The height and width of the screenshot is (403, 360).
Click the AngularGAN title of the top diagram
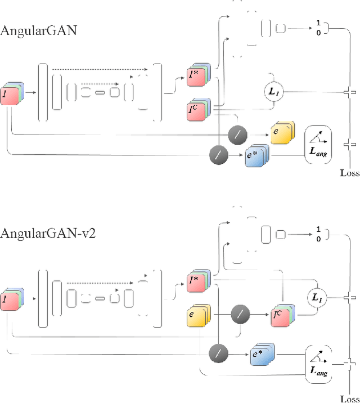[39, 31]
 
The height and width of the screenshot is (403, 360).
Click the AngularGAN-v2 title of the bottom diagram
[48, 233]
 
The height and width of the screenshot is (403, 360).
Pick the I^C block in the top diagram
[197, 111]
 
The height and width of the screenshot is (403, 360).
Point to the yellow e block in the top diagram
[280, 132]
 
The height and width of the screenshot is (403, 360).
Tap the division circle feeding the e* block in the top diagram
[217, 154]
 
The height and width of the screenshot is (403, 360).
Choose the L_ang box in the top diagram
[318, 145]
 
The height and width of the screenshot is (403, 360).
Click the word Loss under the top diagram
[349, 173]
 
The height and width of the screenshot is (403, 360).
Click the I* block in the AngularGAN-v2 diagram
[197, 281]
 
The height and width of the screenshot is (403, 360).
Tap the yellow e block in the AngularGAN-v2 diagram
[197, 316]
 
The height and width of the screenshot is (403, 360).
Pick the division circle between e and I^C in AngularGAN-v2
[240, 312]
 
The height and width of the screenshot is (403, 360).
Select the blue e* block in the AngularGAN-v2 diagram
[260, 355]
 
